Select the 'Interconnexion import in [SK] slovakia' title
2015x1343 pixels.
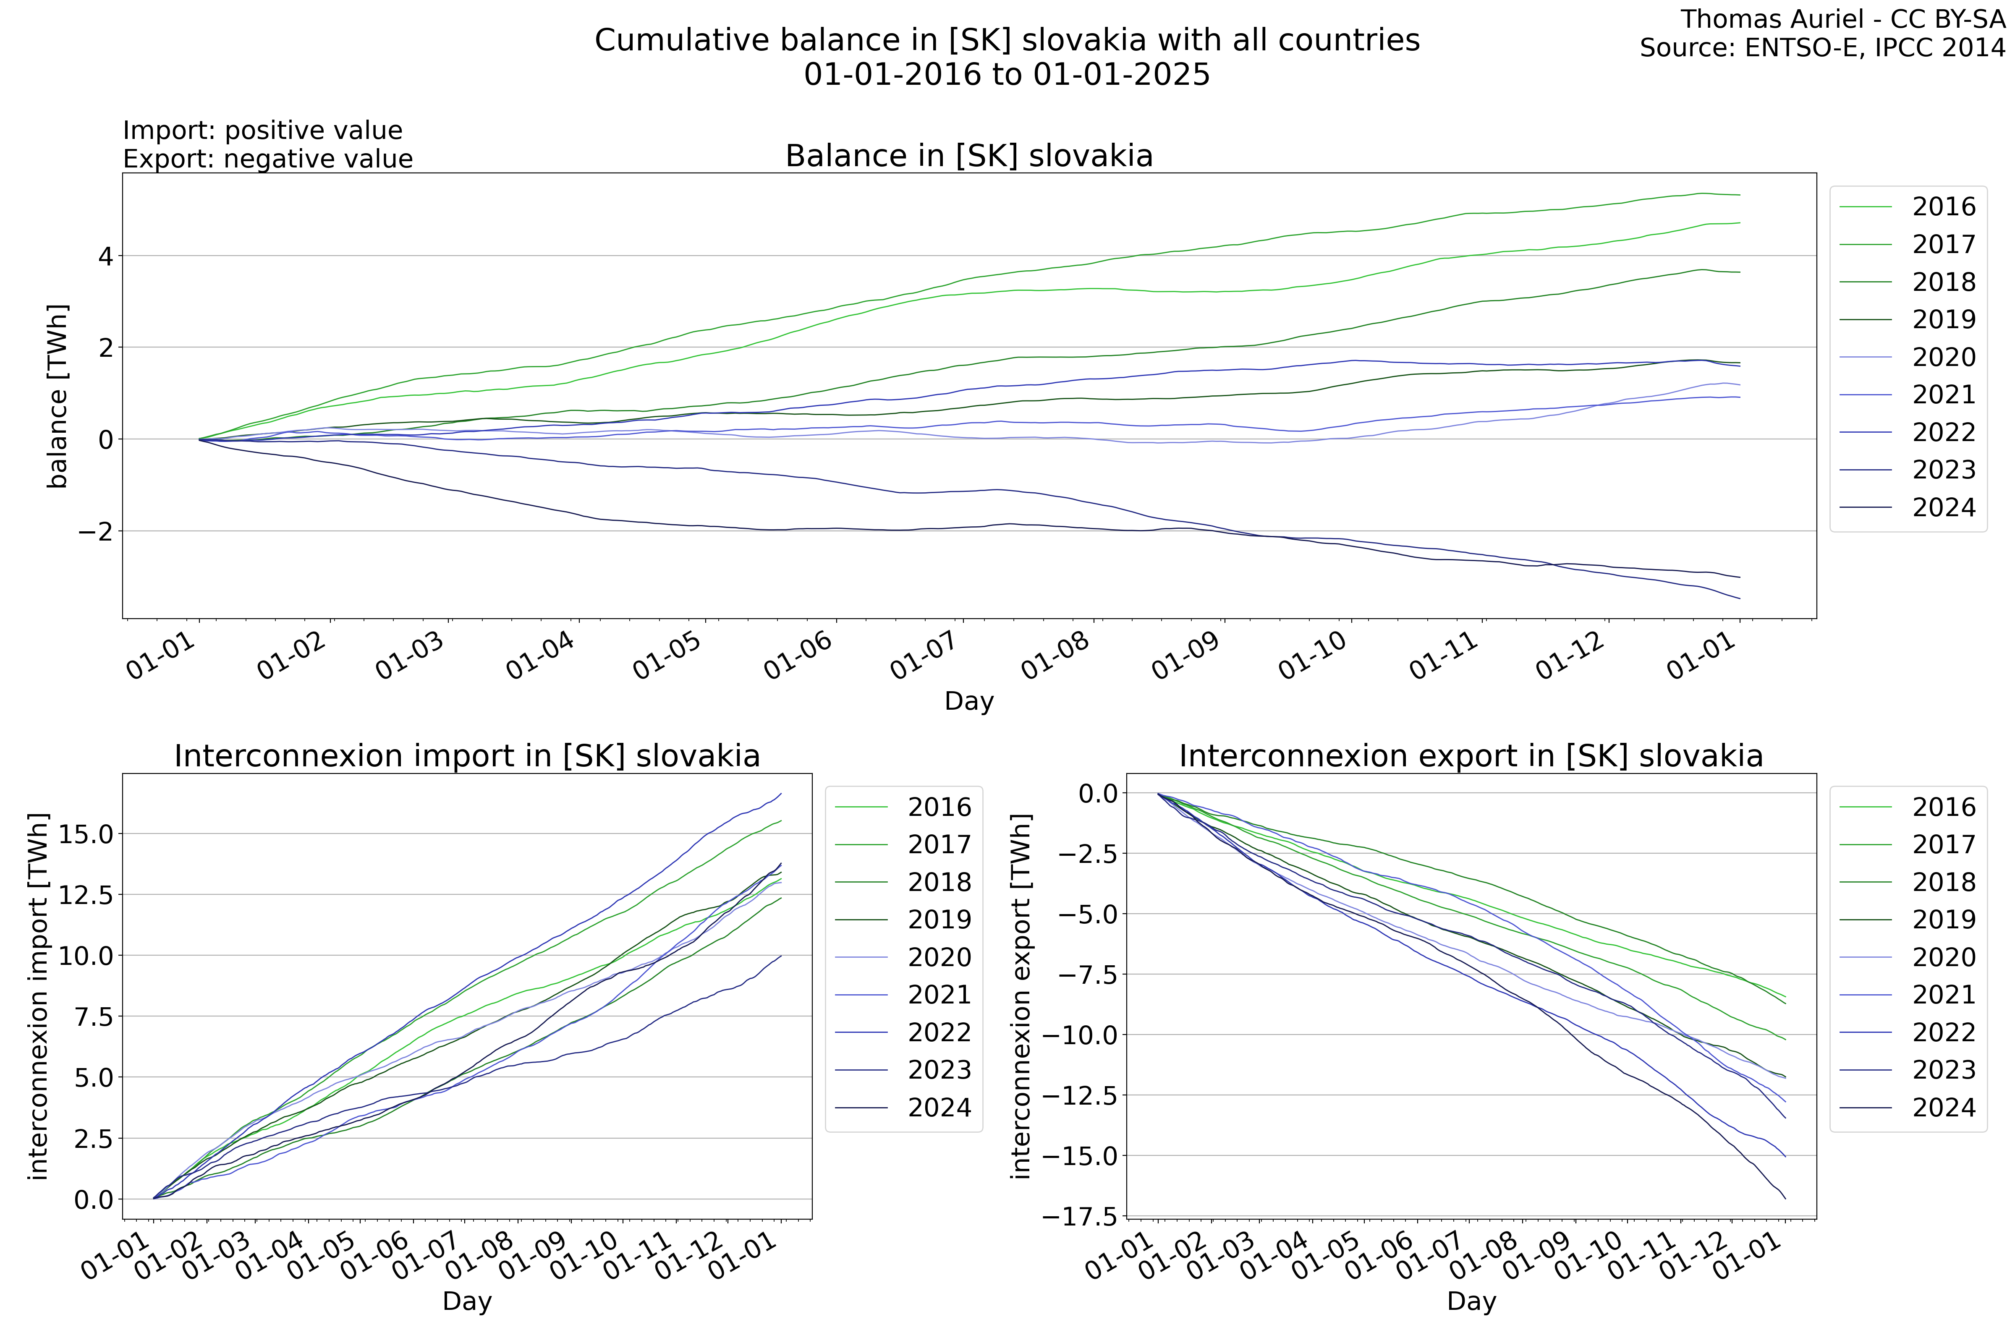coord(467,756)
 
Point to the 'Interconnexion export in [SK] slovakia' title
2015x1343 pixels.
coord(1471,756)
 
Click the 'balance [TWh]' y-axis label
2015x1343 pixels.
coord(58,396)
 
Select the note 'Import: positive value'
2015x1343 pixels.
coord(262,130)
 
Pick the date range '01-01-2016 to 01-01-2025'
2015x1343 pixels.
coord(1007,75)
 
